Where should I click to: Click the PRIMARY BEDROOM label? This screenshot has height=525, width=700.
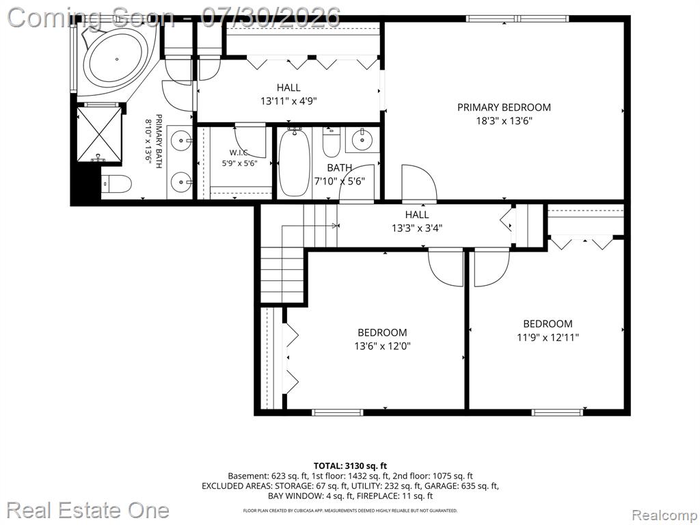click(x=504, y=107)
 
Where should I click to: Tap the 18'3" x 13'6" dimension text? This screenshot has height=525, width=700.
click(x=504, y=120)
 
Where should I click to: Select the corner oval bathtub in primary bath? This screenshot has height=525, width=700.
click(x=118, y=59)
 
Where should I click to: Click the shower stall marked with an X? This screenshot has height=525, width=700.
click(x=99, y=133)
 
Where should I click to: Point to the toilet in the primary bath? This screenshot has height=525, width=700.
click(x=116, y=183)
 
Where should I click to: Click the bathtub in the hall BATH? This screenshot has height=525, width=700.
click(x=294, y=163)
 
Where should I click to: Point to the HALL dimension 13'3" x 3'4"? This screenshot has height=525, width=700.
click(x=417, y=228)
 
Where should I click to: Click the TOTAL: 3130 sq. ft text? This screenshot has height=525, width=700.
click(x=350, y=466)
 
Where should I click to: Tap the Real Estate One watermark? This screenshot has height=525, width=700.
click(x=88, y=510)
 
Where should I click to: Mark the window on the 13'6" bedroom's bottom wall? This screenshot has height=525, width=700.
click(x=338, y=412)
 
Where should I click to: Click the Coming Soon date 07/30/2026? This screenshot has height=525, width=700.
click(x=271, y=18)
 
